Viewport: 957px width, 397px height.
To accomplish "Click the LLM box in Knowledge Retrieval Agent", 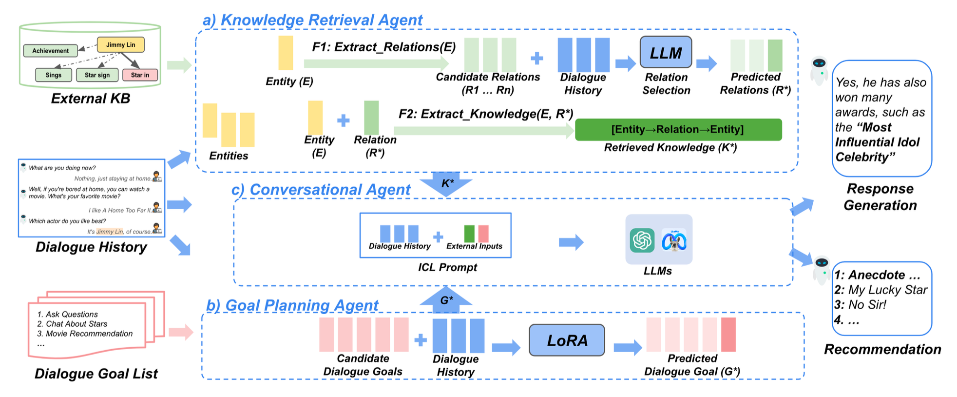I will tap(665, 52).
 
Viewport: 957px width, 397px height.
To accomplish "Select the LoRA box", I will tap(567, 340).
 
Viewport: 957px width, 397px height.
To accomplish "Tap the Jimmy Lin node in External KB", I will tap(120, 45).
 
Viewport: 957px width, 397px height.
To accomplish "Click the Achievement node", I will tap(50, 51).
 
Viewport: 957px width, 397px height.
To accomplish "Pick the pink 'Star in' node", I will tap(140, 75).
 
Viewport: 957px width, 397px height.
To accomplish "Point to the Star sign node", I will tap(97, 75).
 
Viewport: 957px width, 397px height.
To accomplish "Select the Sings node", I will tap(53, 75).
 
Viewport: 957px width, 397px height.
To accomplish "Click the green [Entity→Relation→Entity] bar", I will tap(678, 129).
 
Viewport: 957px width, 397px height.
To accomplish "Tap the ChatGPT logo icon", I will tap(642, 240).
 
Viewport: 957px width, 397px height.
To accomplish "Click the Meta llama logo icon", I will tap(674, 240).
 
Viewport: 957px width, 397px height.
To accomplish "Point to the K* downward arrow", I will tap(446, 184).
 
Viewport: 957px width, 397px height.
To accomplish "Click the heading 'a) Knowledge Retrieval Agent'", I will tap(312, 20).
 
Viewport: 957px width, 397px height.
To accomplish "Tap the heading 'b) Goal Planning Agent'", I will tap(292, 305).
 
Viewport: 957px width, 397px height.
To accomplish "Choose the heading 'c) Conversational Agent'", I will tap(321, 190).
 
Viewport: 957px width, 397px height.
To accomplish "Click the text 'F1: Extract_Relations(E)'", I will tap(383, 47).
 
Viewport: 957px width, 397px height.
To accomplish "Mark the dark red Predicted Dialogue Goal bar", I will tap(728, 335).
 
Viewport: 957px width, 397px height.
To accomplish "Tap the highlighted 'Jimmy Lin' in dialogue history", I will tap(110, 232).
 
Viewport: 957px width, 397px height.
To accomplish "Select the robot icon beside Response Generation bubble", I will tap(819, 70).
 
